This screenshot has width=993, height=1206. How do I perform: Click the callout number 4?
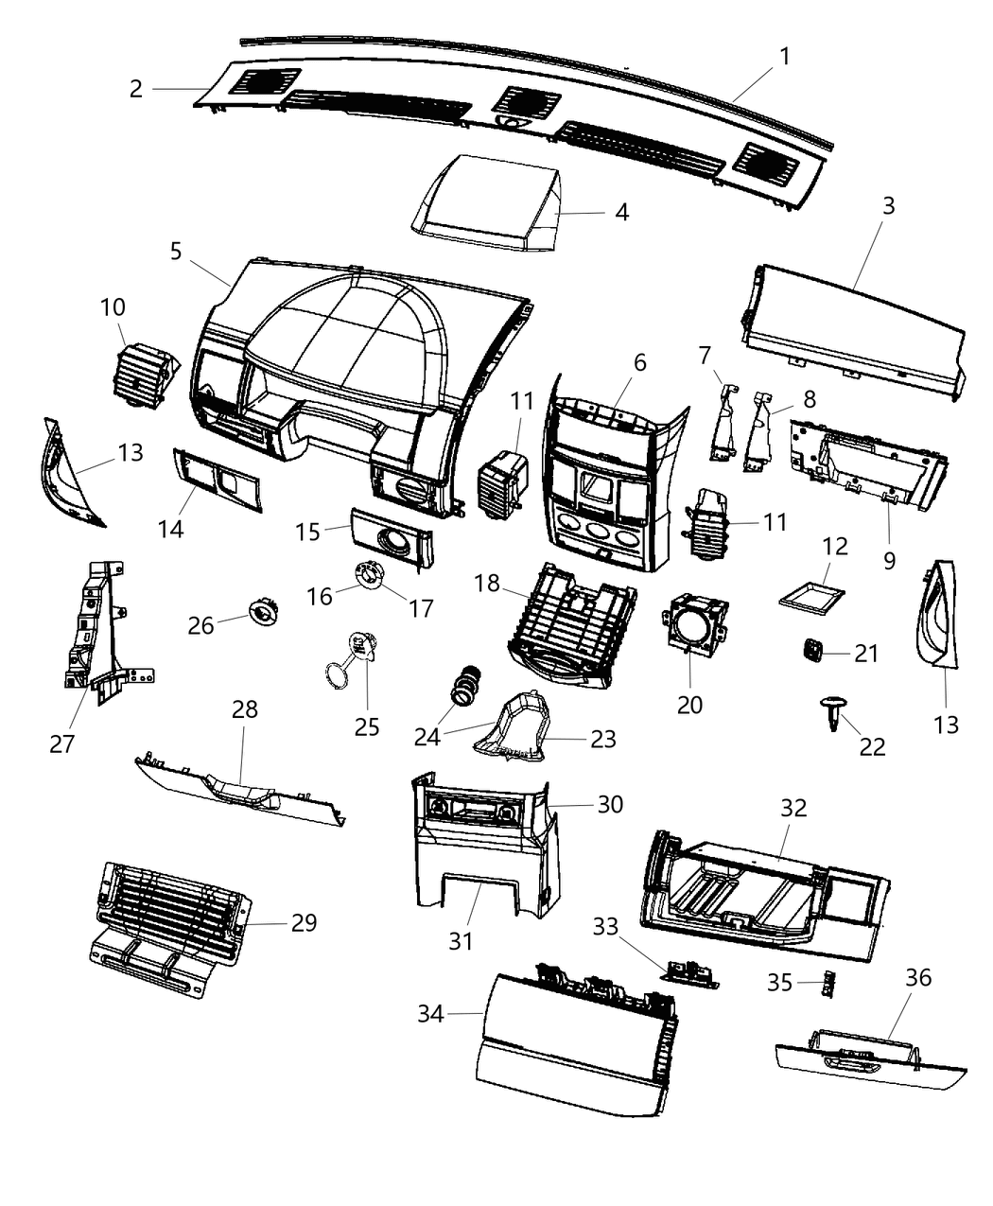(x=621, y=212)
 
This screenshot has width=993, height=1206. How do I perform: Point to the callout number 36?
(x=918, y=977)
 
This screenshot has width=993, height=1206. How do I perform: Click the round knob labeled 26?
(x=262, y=612)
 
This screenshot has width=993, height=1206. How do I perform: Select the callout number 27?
(x=61, y=743)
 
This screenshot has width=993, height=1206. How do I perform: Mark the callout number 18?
(x=486, y=584)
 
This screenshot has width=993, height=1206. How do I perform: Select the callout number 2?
(x=136, y=89)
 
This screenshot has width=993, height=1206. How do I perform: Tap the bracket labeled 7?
(x=723, y=416)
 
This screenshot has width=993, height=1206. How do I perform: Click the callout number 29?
(x=304, y=922)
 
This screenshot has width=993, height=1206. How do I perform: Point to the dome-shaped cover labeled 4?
(x=490, y=203)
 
